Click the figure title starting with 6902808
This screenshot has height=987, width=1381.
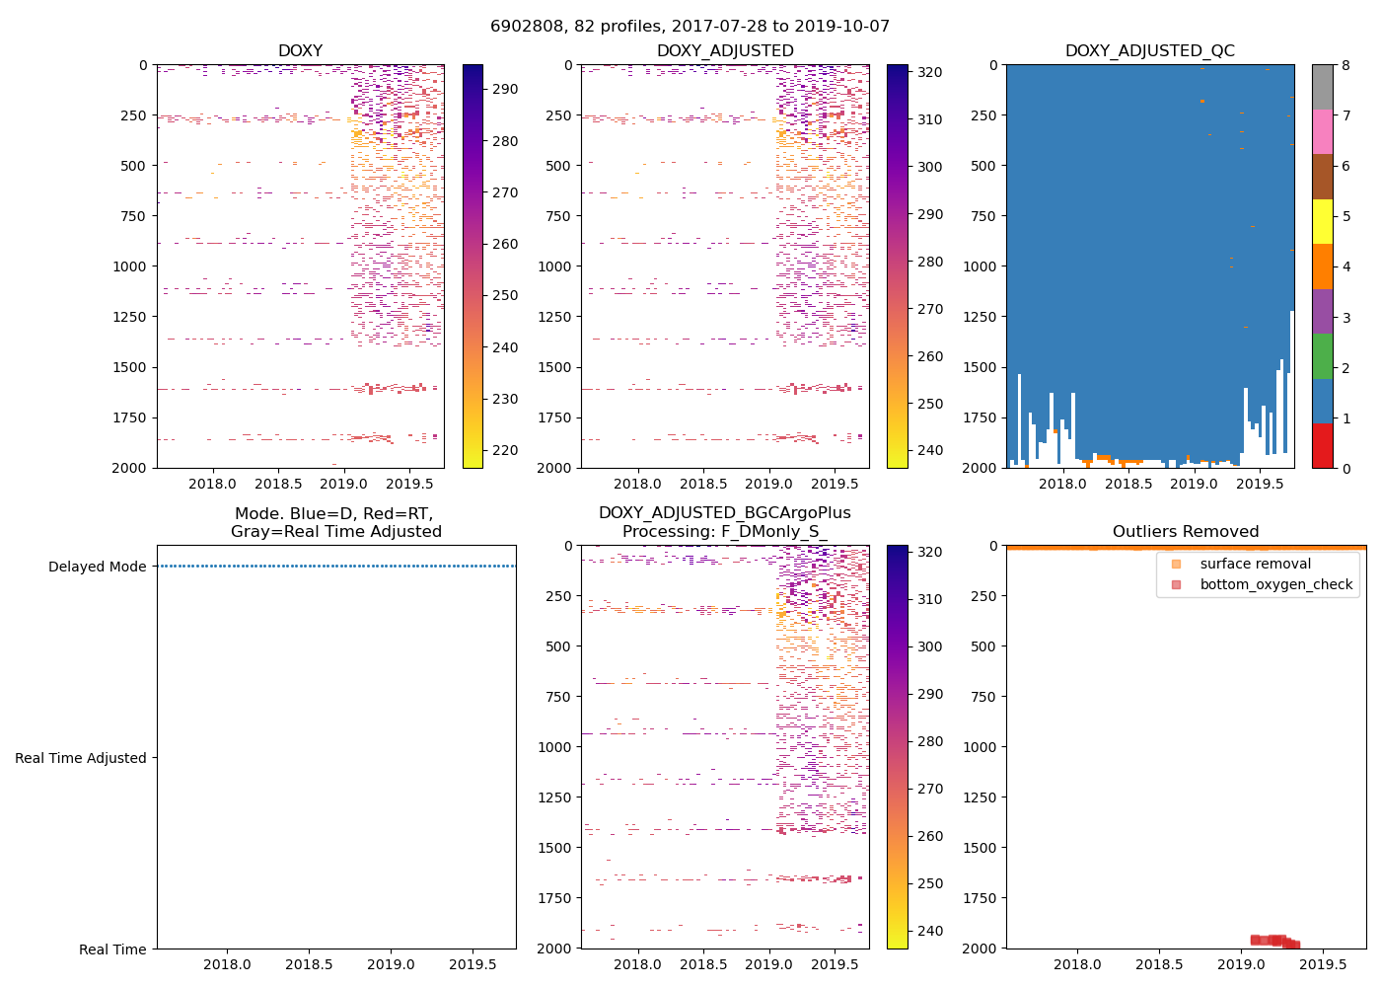click(690, 27)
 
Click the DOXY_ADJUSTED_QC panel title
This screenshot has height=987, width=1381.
click(1149, 50)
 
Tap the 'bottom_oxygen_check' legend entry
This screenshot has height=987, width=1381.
click(1275, 584)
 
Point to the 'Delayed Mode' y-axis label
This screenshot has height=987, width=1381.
click(97, 567)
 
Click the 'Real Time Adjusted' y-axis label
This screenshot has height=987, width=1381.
click(80, 758)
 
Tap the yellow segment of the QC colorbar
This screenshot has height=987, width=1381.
click(1322, 222)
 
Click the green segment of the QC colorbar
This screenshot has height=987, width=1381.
click(1322, 356)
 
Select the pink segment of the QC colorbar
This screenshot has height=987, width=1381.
click(1322, 131)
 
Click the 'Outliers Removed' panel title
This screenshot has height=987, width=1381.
click(1185, 531)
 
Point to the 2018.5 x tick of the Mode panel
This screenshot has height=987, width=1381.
click(309, 964)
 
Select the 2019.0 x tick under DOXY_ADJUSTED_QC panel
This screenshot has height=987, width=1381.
click(1194, 484)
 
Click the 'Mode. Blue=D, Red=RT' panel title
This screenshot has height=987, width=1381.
click(335, 522)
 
